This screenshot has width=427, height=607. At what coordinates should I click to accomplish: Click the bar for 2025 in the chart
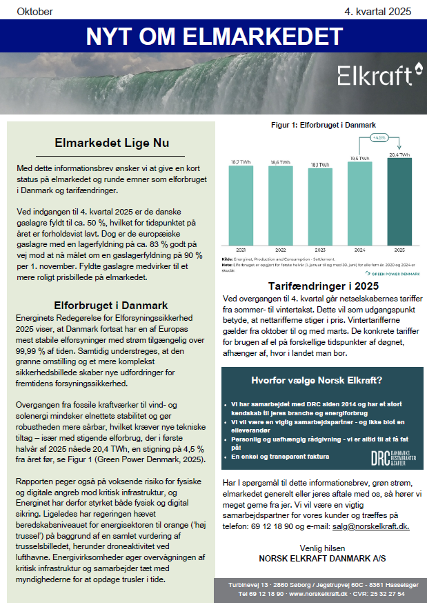pyautogui.click(x=399, y=201)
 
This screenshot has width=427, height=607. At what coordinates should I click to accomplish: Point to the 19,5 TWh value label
pyautogui.click(x=359, y=158)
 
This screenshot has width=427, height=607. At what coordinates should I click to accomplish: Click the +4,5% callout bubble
pyautogui.click(x=379, y=138)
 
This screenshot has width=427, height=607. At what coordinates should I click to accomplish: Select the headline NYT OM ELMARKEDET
pyautogui.click(x=213, y=35)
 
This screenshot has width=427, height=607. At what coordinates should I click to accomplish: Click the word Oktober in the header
pyautogui.click(x=34, y=11)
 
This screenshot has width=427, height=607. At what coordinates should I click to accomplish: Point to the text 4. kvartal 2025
pyautogui.click(x=377, y=11)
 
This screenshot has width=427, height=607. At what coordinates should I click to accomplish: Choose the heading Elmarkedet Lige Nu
pyautogui.click(x=112, y=143)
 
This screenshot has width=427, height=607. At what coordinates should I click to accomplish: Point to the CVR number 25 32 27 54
pyautogui.click(x=387, y=593)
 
